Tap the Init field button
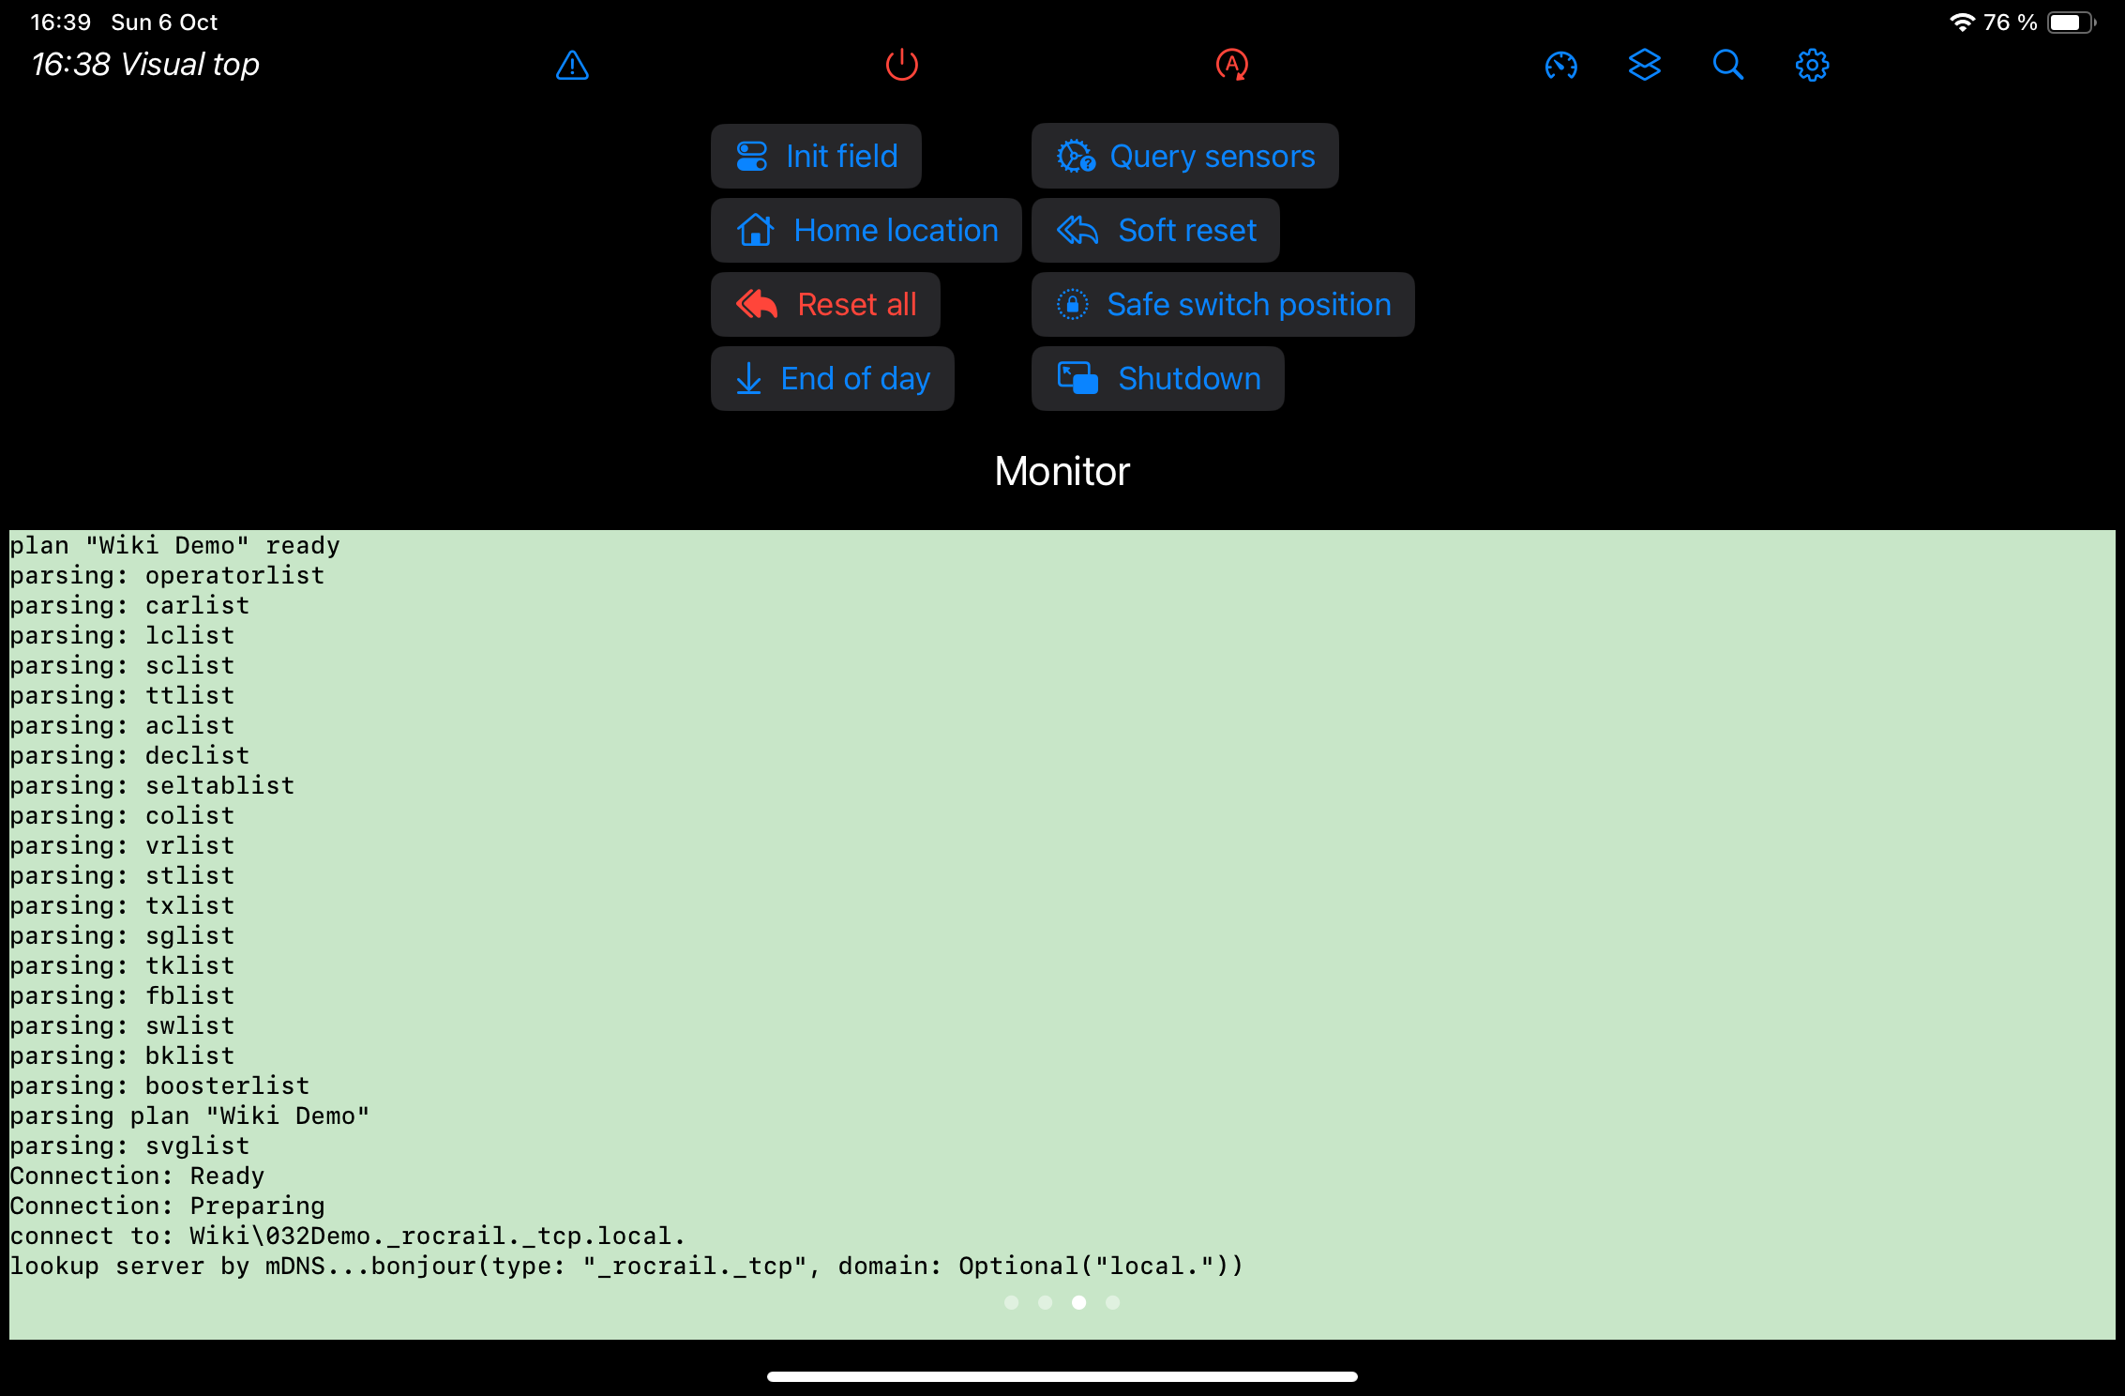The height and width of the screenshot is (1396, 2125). [x=816, y=156]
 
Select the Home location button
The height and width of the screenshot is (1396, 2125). [x=866, y=230]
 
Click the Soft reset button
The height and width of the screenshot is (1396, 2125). [x=1155, y=230]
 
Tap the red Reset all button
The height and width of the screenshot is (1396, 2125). [x=825, y=304]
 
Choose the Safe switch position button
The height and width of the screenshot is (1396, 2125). [x=1223, y=304]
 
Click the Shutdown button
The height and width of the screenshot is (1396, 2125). [x=1157, y=378]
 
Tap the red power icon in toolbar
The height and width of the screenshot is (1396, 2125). [x=902, y=65]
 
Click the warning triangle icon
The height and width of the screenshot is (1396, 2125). [x=572, y=65]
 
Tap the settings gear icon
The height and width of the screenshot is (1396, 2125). [x=1812, y=65]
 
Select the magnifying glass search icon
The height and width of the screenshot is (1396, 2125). [x=1727, y=65]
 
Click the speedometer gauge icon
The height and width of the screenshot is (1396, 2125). [x=1560, y=65]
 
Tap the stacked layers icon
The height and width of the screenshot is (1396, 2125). [x=1644, y=65]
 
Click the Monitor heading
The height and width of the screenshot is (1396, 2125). [x=1062, y=471]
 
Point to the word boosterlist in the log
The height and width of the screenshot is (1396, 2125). [x=227, y=1085]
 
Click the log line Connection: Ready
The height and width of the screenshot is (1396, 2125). [x=137, y=1176]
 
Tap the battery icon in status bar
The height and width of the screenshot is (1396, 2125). [x=2069, y=23]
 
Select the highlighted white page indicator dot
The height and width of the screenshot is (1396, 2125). [x=1078, y=1302]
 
